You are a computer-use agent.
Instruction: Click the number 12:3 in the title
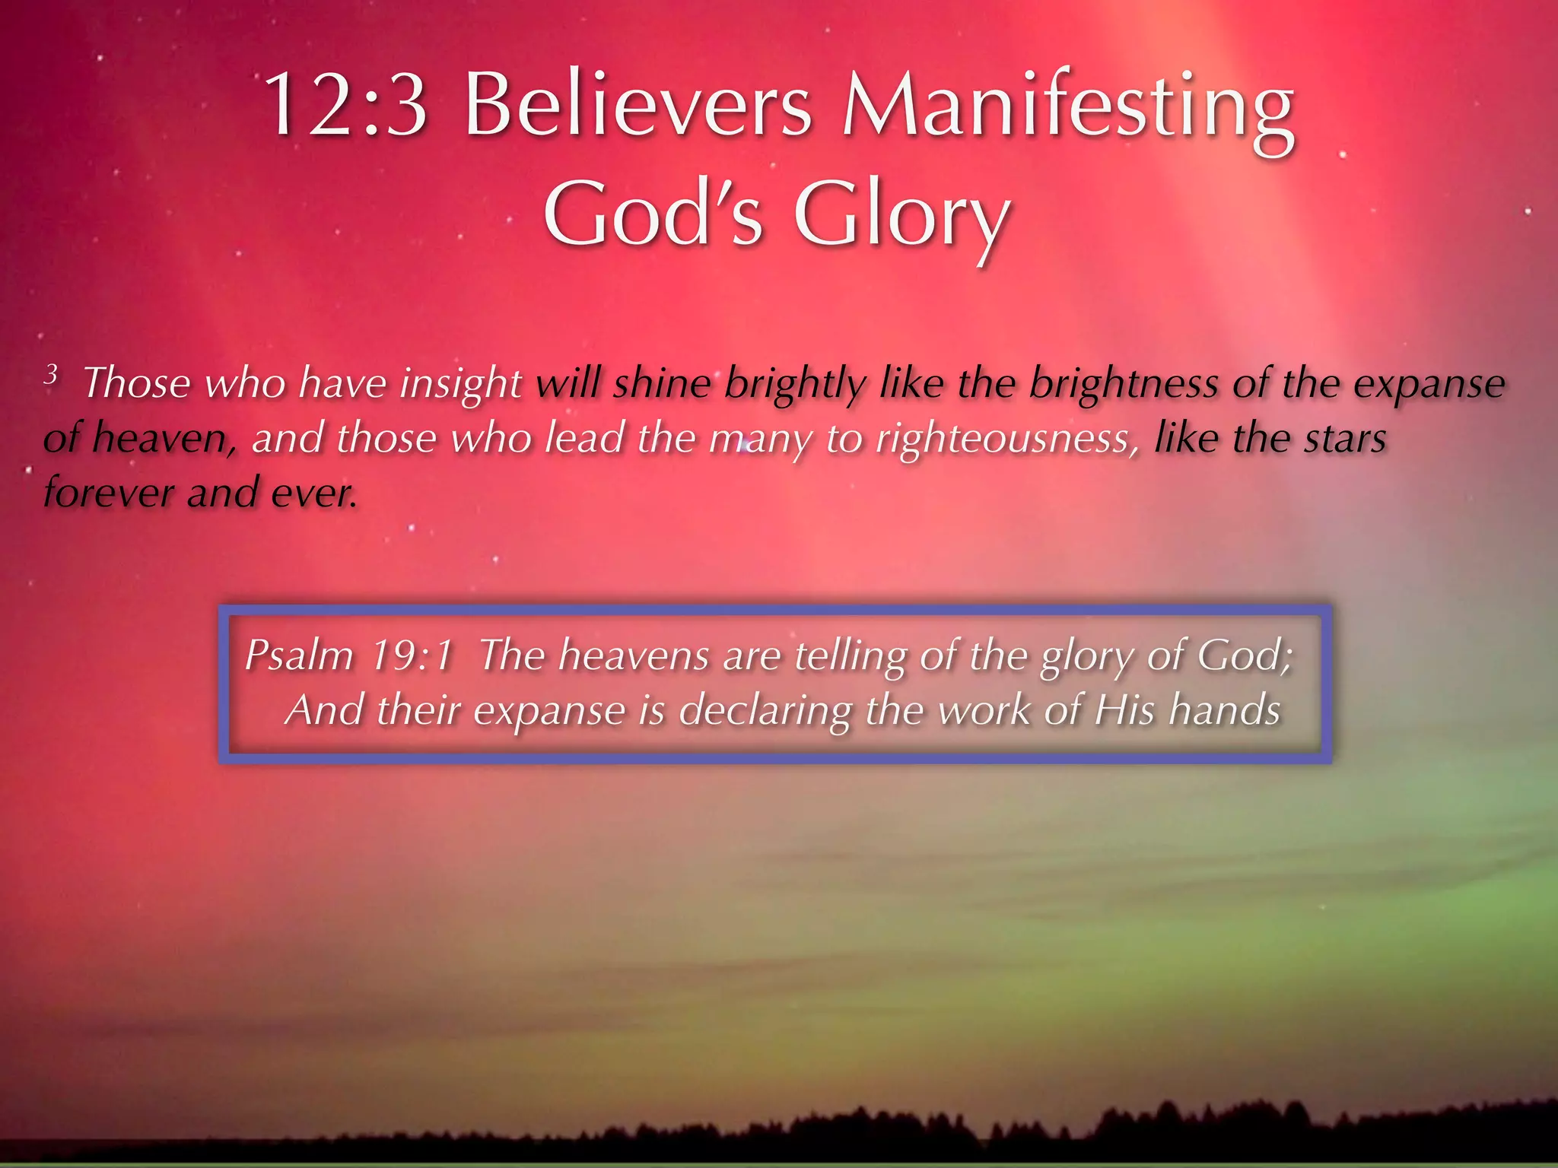pyautogui.click(x=345, y=104)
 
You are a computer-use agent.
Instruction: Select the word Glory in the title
pyautogui.click(x=902, y=216)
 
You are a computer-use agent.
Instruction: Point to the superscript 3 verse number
pyautogui.click(x=51, y=373)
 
